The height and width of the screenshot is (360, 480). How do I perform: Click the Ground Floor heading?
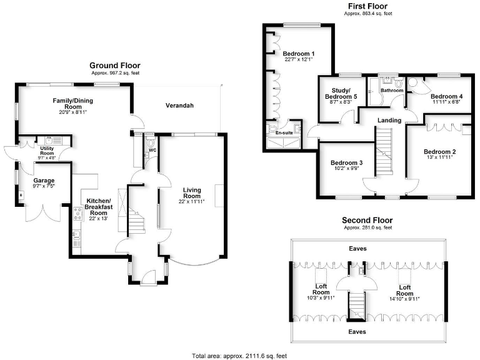pos(115,65)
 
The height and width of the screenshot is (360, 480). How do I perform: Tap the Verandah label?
pos(179,106)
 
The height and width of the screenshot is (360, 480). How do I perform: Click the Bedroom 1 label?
pos(298,54)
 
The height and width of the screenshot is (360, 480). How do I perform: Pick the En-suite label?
pos(276,132)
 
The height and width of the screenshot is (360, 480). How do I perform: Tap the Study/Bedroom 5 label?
pos(341,94)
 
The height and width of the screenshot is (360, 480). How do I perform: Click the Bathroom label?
pos(392,90)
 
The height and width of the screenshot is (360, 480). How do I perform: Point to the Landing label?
pos(389,120)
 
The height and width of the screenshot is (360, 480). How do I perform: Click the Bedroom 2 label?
pos(439,151)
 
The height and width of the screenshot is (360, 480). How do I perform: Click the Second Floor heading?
pos(367,220)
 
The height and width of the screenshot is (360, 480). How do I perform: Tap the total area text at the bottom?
pos(239,356)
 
